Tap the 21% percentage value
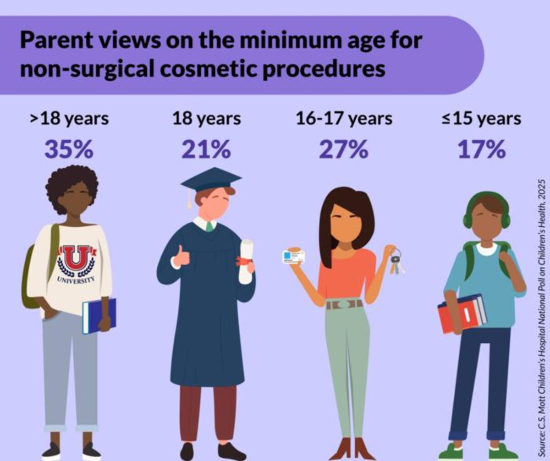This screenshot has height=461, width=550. click(206, 149)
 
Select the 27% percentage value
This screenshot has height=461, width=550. click(344, 149)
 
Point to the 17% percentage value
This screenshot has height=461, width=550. click(481, 149)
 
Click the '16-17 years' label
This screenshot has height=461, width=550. click(344, 119)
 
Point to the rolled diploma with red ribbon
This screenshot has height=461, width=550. click(246, 261)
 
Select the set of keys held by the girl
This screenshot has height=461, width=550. click(396, 261)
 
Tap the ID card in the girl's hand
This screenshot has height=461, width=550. click(294, 257)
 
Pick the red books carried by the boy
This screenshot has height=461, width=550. click(461, 314)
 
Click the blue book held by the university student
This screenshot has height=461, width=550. click(99, 316)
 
